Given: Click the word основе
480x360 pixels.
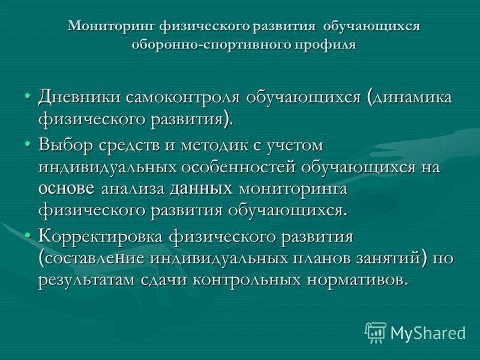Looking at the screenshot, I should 66,189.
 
